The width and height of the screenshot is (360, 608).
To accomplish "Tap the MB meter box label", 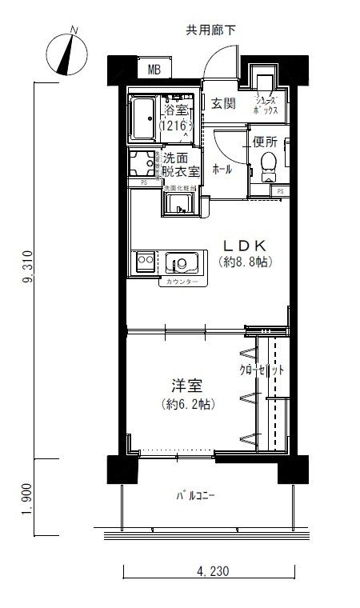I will coord(154,70).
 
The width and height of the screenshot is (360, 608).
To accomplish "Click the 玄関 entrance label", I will coord(223,103).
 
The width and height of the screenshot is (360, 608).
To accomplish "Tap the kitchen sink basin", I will coord(182,262).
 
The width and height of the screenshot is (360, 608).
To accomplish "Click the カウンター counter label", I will coord(176,282).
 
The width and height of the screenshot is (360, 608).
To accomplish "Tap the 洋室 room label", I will coord(186,385).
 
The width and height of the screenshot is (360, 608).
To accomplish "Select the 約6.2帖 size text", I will coord(186,404).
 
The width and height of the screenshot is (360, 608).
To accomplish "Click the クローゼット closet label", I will coord(262,371).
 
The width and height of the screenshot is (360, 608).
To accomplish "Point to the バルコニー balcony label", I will coord(196,496).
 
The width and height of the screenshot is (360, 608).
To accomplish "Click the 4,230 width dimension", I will coord(210,572).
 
